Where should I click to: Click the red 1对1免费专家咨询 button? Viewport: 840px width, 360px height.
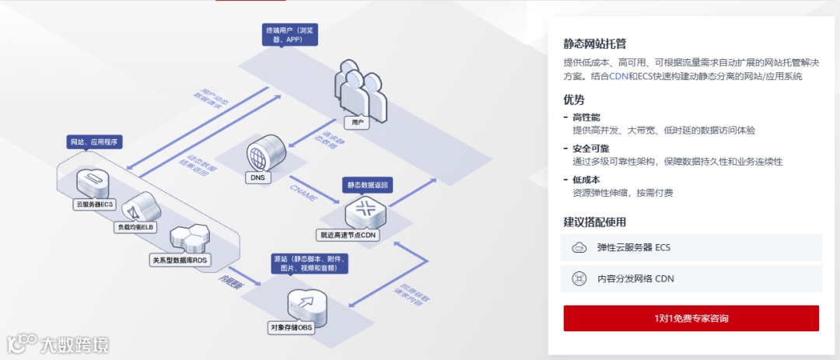click(691, 318)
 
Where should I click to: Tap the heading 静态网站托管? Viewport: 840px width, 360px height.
click(600, 44)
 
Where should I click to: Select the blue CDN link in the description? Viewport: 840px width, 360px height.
click(618, 76)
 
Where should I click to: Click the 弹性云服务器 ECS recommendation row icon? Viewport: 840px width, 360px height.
click(579, 248)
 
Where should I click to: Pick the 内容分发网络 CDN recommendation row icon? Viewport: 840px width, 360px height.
click(579, 278)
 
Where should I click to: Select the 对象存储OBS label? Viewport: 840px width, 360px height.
click(290, 327)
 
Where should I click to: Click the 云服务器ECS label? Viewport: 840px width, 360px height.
click(94, 204)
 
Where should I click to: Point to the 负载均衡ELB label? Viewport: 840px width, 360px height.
click(137, 227)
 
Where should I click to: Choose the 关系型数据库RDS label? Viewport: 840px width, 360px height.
click(180, 259)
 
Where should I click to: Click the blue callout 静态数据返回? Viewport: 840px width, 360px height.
click(367, 185)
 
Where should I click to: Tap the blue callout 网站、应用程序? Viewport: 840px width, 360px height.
click(95, 143)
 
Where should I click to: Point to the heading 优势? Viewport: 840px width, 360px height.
click(574, 100)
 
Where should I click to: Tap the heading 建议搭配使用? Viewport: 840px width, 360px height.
click(595, 222)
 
